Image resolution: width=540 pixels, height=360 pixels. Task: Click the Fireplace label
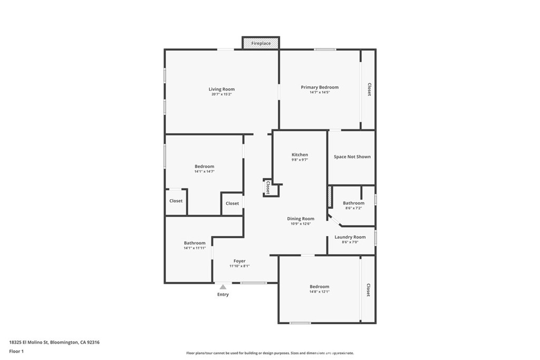tap(261, 43)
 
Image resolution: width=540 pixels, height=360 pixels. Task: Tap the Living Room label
tap(221, 89)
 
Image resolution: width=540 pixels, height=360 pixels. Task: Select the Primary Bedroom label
tap(320, 87)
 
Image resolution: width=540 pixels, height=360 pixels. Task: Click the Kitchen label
tap(300, 154)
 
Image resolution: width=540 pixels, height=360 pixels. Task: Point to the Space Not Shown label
tap(352, 157)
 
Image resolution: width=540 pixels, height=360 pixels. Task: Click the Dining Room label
tap(301, 219)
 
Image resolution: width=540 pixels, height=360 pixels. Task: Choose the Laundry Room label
tap(350, 237)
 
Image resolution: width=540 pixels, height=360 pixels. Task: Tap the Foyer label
tap(239, 261)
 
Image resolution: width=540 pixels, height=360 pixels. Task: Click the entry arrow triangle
tap(223, 287)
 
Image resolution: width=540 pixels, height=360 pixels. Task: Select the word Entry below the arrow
tap(223, 294)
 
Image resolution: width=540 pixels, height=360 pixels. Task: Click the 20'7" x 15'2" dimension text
tap(221, 94)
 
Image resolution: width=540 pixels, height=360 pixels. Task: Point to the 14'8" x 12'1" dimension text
tap(319, 291)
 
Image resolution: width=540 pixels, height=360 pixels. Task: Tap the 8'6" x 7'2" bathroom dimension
tap(354, 208)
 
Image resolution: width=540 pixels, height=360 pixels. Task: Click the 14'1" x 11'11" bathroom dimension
tap(195, 248)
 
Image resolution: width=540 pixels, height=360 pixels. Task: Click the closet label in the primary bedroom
tap(369, 89)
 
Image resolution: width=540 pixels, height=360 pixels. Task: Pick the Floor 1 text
tap(16, 352)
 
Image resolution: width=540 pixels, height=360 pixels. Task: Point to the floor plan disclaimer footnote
tap(270, 353)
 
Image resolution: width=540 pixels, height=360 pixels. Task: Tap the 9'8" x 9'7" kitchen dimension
tap(300, 160)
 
